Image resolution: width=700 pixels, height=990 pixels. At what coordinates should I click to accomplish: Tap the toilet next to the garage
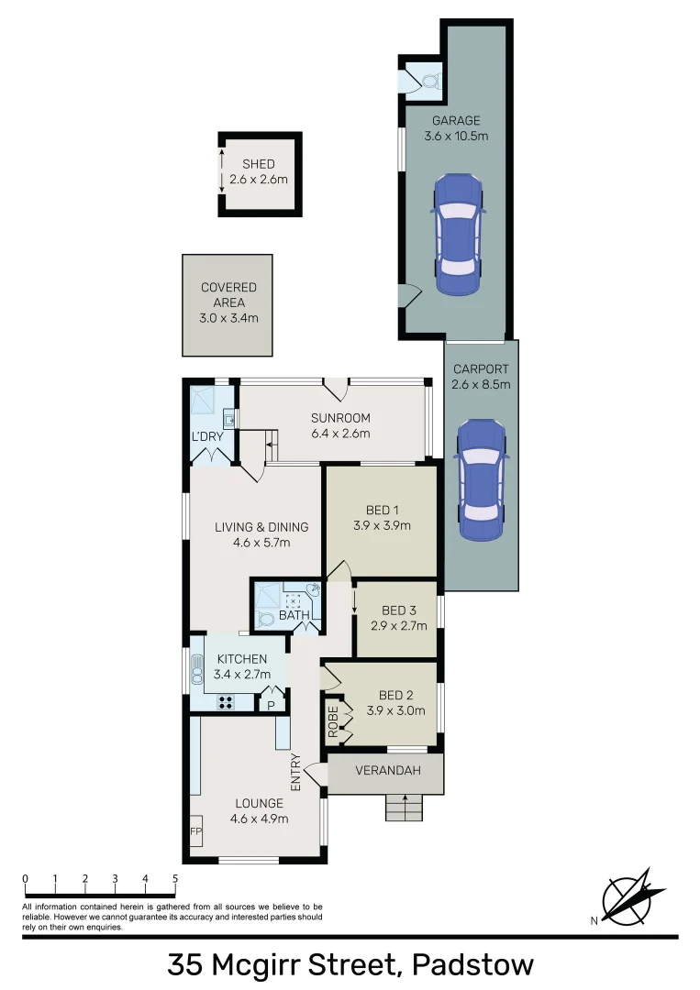pyautogui.click(x=427, y=80)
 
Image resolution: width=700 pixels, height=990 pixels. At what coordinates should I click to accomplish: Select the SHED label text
pyautogui.click(x=258, y=164)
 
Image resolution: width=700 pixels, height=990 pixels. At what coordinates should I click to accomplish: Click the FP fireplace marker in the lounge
pyautogui.click(x=195, y=831)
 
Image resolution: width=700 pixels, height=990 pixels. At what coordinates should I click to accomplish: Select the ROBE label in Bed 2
pyautogui.click(x=334, y=721)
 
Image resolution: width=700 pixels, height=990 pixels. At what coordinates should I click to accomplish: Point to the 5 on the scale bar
pyautogui.click(x=174, y=879)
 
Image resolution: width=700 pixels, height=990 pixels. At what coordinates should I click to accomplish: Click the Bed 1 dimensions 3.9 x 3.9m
pyautogui.click(x=381, y=526)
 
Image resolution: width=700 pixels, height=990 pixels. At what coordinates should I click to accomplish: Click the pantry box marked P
pyautogui.click(x=271, y=705)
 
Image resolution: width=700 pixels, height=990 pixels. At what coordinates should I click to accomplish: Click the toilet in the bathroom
pyautogui.click(x=264, y=619)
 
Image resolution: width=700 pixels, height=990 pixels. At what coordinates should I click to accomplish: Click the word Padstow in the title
pyautogui.click(x=473, y=965)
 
